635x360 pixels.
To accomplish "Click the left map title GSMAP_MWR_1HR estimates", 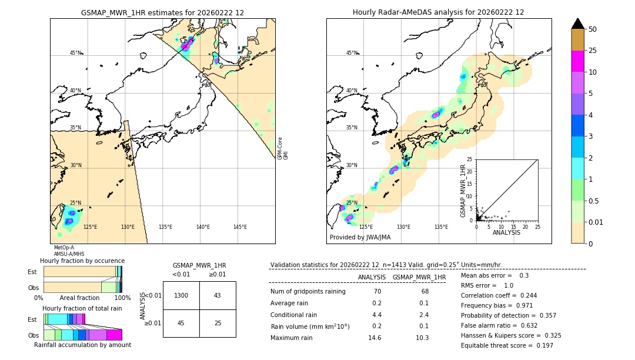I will click(162, 12).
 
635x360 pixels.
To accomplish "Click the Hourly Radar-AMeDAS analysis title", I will click(438, 12).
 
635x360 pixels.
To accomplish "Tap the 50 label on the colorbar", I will click(593, 29).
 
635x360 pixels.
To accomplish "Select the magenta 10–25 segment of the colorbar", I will click(577, 61).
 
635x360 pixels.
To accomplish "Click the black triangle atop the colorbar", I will click(577, 24).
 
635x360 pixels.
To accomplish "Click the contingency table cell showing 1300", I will click(181, 295).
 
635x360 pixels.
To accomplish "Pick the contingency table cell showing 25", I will click(218, 323).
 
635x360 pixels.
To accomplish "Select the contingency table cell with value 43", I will click(218, 295).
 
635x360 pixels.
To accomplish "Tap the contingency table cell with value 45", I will click(181, 323).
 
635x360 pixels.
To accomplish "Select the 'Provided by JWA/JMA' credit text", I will click(360, 238).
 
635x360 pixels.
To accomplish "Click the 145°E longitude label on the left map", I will click(240, 227).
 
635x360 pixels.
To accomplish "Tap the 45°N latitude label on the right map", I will click(352, 53).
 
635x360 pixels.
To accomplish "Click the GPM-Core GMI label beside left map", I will click(283, 148).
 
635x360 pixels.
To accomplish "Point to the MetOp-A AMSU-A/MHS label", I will click(65, 251).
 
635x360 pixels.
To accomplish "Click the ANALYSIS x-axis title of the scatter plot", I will click(506, 232).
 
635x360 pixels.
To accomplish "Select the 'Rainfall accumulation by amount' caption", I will click(86, 345).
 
